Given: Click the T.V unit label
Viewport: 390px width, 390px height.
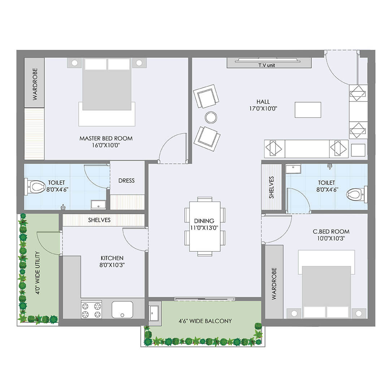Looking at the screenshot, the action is click(x=266, y=65).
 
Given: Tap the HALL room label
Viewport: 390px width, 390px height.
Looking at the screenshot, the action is click(x=263, y=102).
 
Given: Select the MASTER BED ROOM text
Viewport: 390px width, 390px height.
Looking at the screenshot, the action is click(x=106, y=139).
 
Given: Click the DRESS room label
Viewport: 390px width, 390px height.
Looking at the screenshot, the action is click(x=126, y=181).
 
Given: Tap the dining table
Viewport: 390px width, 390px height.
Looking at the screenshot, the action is click(x=205, y=226).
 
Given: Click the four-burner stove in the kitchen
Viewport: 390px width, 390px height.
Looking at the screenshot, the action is click(x=91, y=310).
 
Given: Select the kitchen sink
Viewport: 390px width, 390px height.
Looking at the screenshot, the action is click(x=122, y=310).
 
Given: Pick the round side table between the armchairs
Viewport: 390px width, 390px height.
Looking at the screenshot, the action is click(x=211, y=117).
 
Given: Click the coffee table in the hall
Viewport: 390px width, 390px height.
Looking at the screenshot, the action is click(x=308, y=110).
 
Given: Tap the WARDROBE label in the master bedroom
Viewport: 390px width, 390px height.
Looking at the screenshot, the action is click(x=35, y=84).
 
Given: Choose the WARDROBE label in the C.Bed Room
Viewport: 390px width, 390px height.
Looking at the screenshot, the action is click(x=274, y=283).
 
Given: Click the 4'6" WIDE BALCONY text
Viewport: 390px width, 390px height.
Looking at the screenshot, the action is click(x=205, y=321).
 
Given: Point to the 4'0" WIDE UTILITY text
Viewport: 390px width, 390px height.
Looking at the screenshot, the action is click(x=38, y=273).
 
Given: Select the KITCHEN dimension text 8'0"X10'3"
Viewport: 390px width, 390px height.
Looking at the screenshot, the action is click(x=112, y=265).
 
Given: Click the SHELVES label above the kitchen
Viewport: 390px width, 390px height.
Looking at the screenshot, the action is click(x=99, y=220).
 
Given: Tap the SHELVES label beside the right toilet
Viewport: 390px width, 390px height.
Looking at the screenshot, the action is click(x=271, y=187).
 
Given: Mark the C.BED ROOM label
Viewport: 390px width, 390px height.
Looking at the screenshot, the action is click(x=331, y=231).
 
